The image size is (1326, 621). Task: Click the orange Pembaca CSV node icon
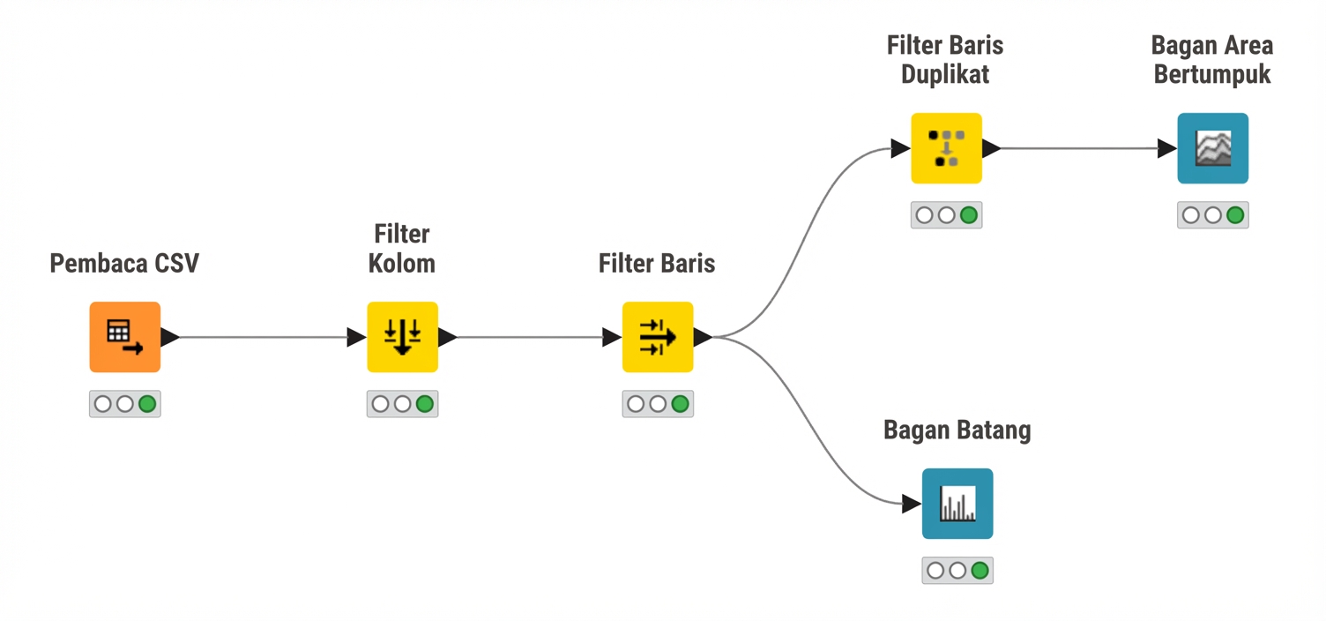(125, 337)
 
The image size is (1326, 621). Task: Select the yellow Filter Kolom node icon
(403, 337)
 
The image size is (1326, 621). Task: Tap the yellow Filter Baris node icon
(658, 337)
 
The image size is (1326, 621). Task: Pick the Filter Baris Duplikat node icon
(947, 148)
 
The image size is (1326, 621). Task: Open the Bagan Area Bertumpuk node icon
(1213, 148)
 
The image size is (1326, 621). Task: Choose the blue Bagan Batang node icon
(957, 504)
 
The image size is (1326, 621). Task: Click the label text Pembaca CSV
(124, 264)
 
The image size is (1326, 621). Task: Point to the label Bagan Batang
(957, 430)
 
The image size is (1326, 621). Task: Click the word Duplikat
(945, 75)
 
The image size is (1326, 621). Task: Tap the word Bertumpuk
(1212, 75)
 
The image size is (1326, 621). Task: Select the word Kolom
(402, 264)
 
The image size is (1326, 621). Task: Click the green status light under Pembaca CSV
(147, 404)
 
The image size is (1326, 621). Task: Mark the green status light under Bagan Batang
(980, 571)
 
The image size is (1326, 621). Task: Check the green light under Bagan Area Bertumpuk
(1235, 215)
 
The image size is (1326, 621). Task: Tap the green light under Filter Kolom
(425, 404)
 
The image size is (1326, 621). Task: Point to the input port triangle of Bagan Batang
(912, 504)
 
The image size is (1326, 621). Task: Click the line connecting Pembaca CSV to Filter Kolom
(264, 337)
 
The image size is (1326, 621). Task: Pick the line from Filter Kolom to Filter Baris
(530, 337)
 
